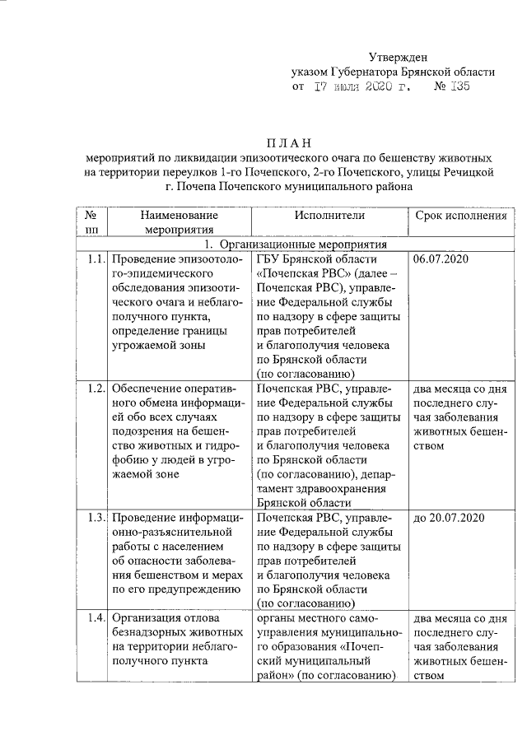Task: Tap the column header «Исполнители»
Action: click(x=329, y=215)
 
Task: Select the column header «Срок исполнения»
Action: click(x=460, y=215)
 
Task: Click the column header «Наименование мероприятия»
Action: click(x=177, y=222)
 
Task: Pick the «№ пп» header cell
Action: click(x=91, y=222)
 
